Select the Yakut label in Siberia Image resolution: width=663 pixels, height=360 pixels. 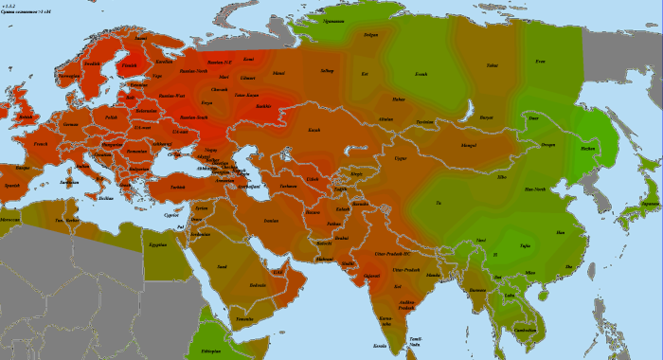click(492, 65)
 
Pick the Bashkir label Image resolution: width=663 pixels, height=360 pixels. click(264, 107)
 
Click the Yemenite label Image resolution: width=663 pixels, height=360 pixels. click(244, 319)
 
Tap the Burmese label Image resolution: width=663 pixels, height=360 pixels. click(478, 290)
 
